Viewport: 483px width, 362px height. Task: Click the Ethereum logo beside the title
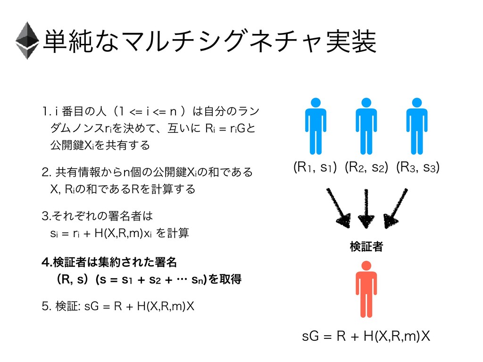pos(27,41)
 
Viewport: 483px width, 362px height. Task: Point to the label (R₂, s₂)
pos(366,167)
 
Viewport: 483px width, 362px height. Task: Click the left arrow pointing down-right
pos(338,207)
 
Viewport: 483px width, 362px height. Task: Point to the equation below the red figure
pos(366,337)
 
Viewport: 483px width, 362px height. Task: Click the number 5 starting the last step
pos(45,307)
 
